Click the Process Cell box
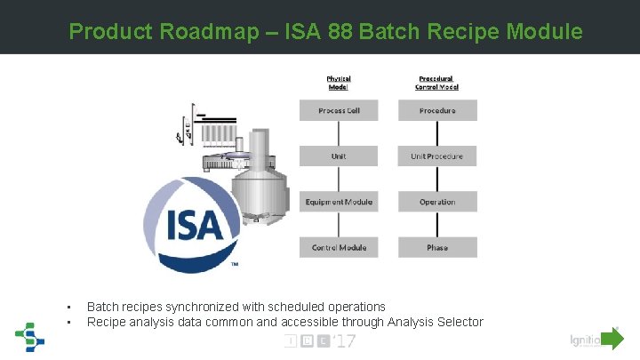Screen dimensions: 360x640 (339, 110)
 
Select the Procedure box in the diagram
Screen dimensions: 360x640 (436, 110)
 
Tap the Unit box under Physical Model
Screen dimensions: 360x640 (339, 156)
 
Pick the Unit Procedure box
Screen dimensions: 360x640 (436, 156)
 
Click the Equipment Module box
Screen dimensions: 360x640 (339, 202)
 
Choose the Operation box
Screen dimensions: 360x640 (436, 202)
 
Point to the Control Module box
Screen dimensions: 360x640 (339, 247)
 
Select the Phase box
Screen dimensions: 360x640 (436, 247)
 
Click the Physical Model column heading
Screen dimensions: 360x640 (339, 82)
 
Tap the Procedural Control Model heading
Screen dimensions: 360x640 (436, 82)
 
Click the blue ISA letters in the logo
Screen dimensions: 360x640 (194, 223)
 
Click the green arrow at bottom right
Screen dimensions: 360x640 (612, 339)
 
